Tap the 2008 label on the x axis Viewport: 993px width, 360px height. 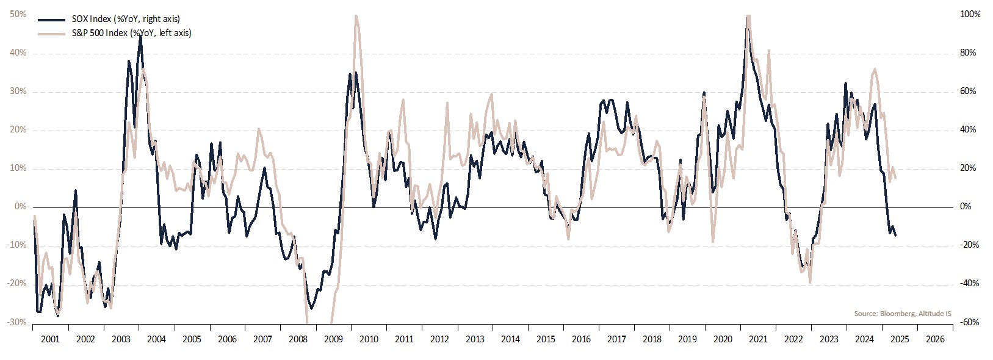[x=298, y=339]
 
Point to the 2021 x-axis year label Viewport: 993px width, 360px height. [x=758, y=339]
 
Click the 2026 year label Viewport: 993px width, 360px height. [x=935, y=339]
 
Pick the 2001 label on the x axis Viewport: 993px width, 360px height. [x=50, y=339]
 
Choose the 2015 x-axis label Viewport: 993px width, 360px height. [x=546, y=339]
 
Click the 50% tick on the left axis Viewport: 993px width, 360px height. [x=18, y=14]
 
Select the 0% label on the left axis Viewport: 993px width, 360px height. [x=21, y=207]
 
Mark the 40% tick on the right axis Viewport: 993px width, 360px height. [x=968, y=130]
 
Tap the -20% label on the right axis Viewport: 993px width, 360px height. [x=969, y=245]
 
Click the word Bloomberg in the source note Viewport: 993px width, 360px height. [x=895, y=314]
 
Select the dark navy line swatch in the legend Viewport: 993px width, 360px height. [x=52, y=19]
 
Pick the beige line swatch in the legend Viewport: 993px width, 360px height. [x=52, y=33]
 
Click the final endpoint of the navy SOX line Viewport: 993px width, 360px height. [x=895, y=236]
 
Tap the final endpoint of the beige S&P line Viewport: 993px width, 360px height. [x=895, y=178]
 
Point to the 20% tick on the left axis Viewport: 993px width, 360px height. [x=18, y=130]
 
